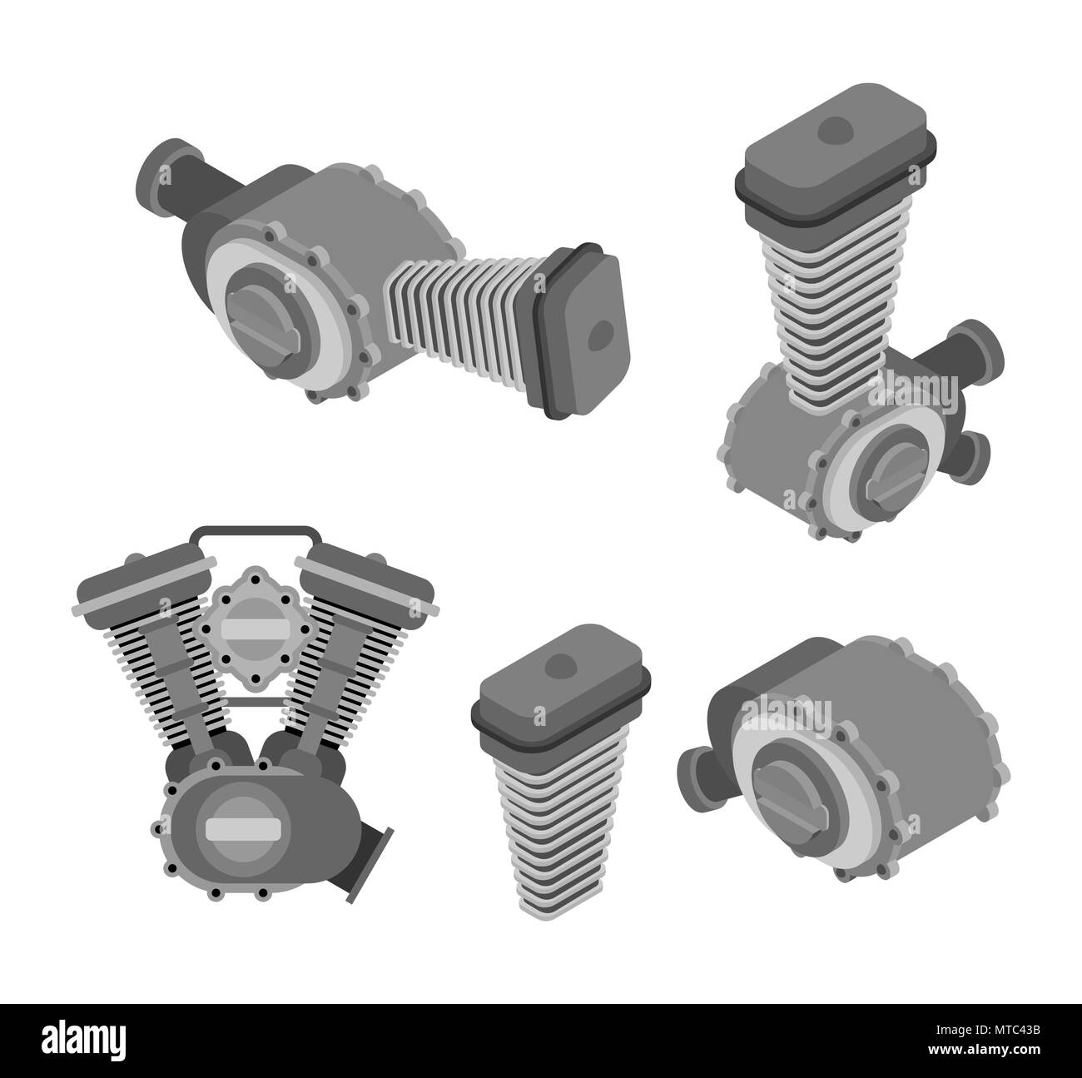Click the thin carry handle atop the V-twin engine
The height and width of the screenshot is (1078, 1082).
click(256, 530)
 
